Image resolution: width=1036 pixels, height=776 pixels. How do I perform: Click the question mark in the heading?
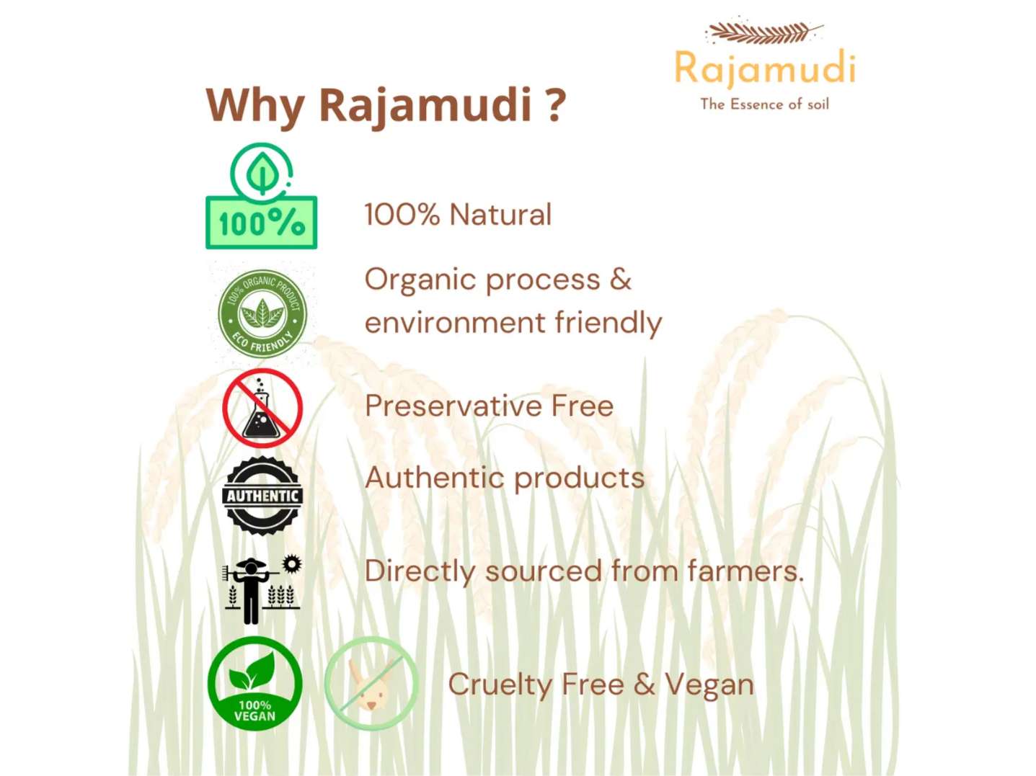[551, 104]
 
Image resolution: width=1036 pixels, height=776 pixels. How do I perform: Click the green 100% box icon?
[261, 222]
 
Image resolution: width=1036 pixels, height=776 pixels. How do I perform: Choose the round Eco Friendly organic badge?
[262, 314]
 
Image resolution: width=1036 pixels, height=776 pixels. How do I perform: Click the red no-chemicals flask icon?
[262, 408]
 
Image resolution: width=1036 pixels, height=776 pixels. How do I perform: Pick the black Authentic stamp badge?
[262, 496]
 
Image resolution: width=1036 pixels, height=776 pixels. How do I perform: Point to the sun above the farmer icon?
[292, 563]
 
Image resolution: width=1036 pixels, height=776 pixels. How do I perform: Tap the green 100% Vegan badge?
[254, 683]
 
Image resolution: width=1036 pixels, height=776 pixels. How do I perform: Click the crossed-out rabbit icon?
[371, 683]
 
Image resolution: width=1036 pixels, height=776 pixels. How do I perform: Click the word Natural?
[500, 215]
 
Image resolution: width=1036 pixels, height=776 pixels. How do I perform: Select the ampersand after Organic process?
[620, 280]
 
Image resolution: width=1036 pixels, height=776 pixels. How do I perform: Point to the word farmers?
[745, 571]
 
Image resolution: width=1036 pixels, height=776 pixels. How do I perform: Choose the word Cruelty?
[500, 684]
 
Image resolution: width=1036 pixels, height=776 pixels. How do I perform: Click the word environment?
[455, 323]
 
